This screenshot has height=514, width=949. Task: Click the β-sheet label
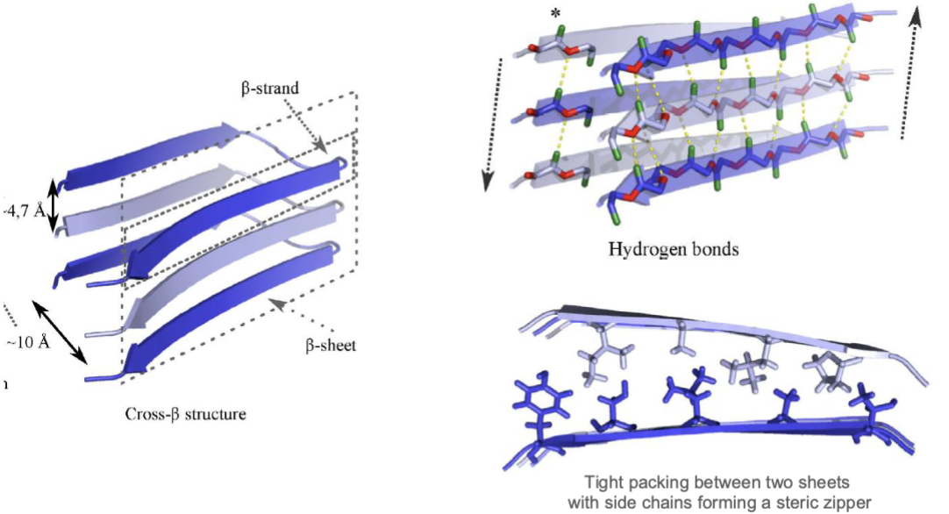coord(331,346)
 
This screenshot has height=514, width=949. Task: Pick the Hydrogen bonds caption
coord(674,250)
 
